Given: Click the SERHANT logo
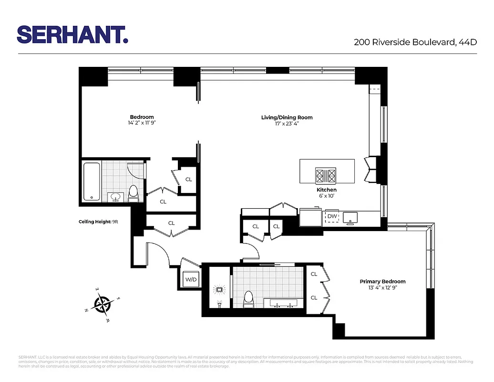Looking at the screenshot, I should click(x=72, y=34).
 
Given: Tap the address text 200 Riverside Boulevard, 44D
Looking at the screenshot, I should click(x=415, y=42).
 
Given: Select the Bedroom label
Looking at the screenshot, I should click(x=142, y=117).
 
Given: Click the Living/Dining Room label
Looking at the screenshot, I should click(x=287, y=117).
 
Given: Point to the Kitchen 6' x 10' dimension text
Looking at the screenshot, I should click(x=326, y=196).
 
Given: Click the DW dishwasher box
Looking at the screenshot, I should click(x=331, y=217).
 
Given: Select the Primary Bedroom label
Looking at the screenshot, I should click(x=382, y=281).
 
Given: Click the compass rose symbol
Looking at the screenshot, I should click(x=102, y=304).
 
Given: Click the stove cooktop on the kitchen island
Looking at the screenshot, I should click(x=326, y=176).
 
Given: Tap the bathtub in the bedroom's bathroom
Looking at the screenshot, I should click(x=92, y=181).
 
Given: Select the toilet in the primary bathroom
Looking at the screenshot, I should click(x=248, y=299).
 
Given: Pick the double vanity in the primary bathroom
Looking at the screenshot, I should click(x=284, y=303).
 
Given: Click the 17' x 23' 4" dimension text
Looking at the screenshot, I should click(x=287, y=123).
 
